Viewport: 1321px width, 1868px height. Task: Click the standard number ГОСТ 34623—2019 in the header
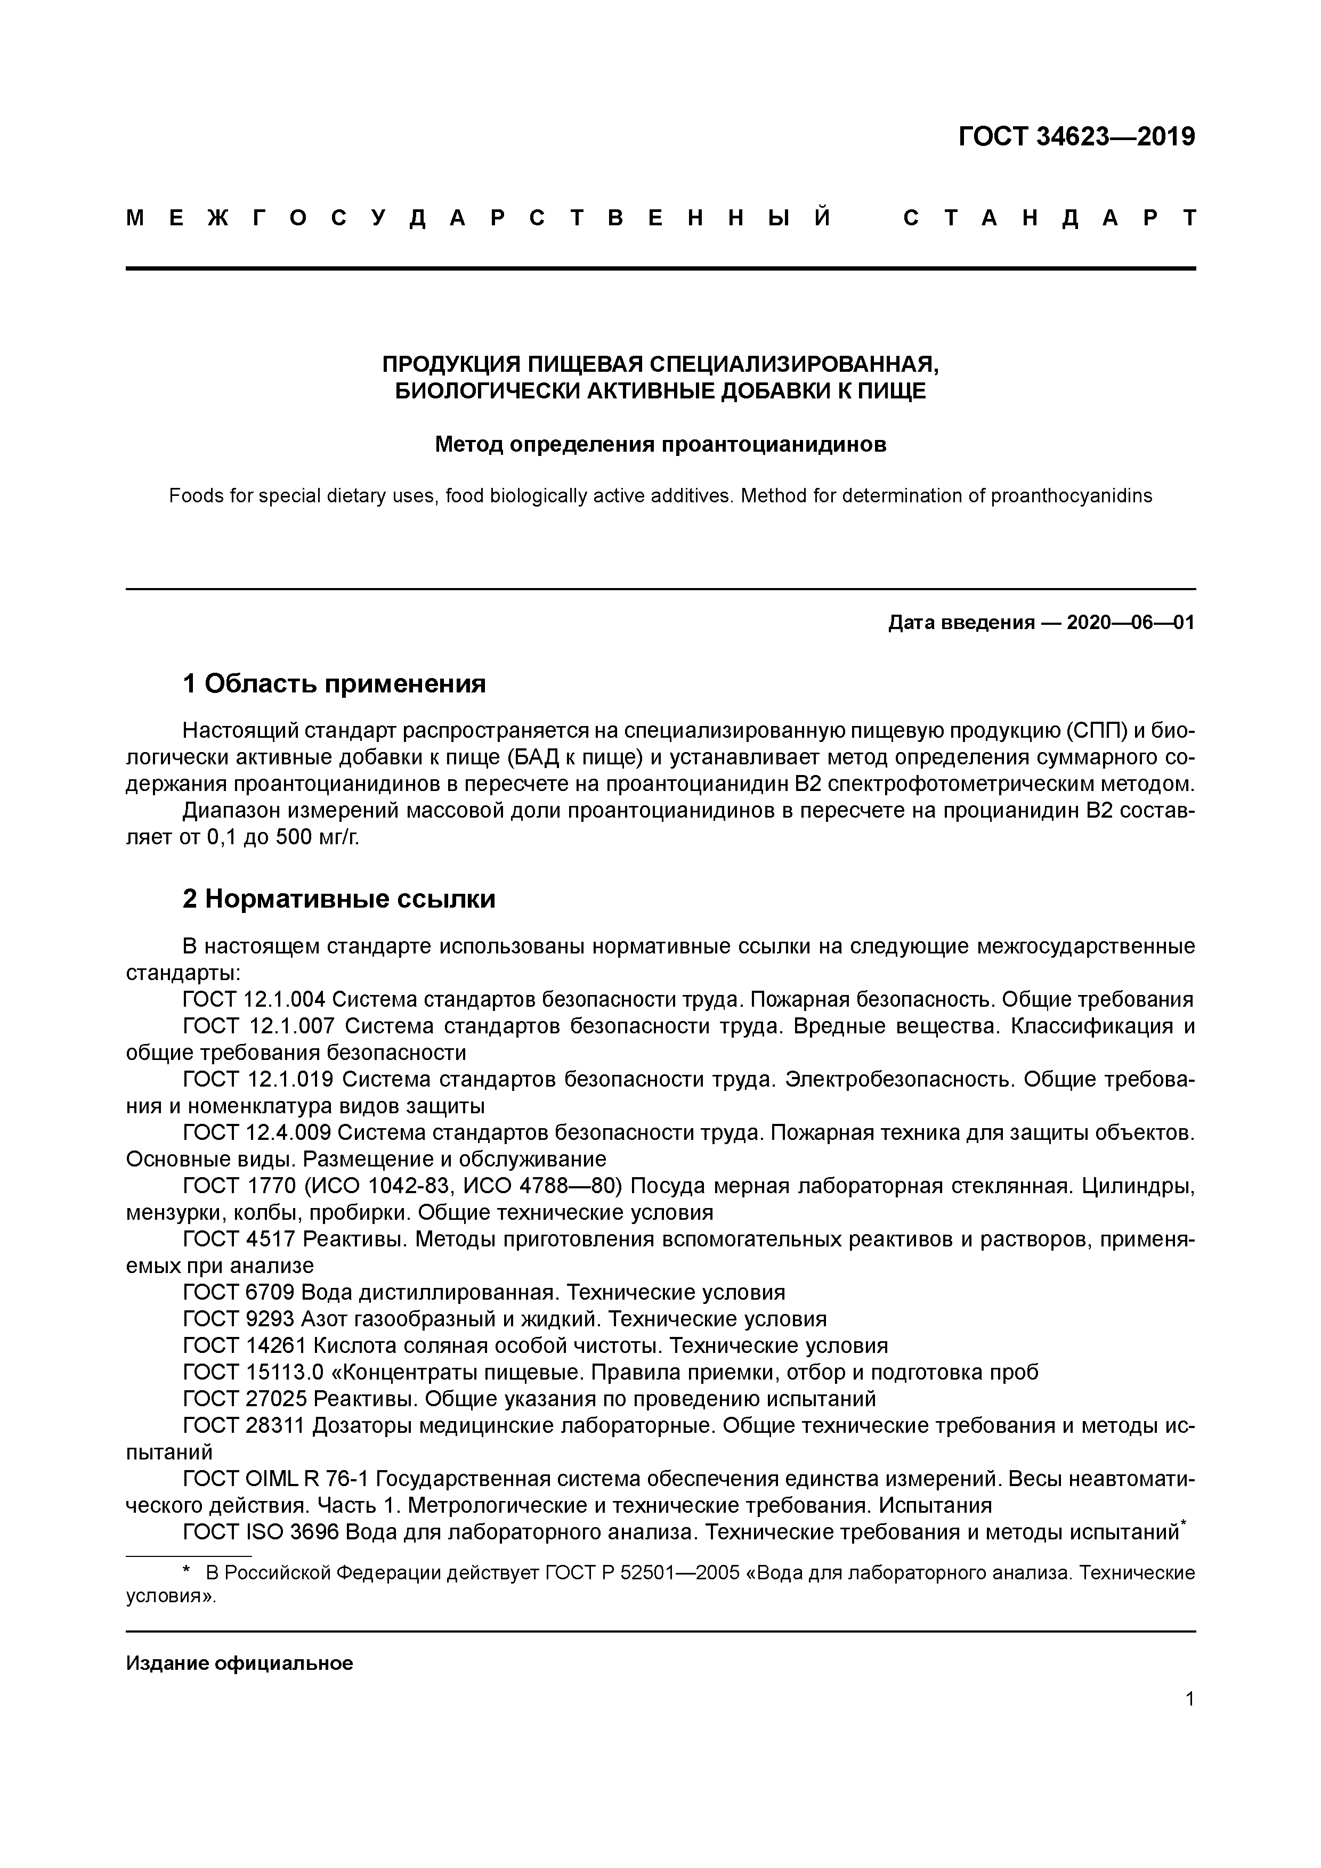pos(1076,137)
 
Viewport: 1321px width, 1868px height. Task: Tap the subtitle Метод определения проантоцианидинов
pos(660,445)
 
